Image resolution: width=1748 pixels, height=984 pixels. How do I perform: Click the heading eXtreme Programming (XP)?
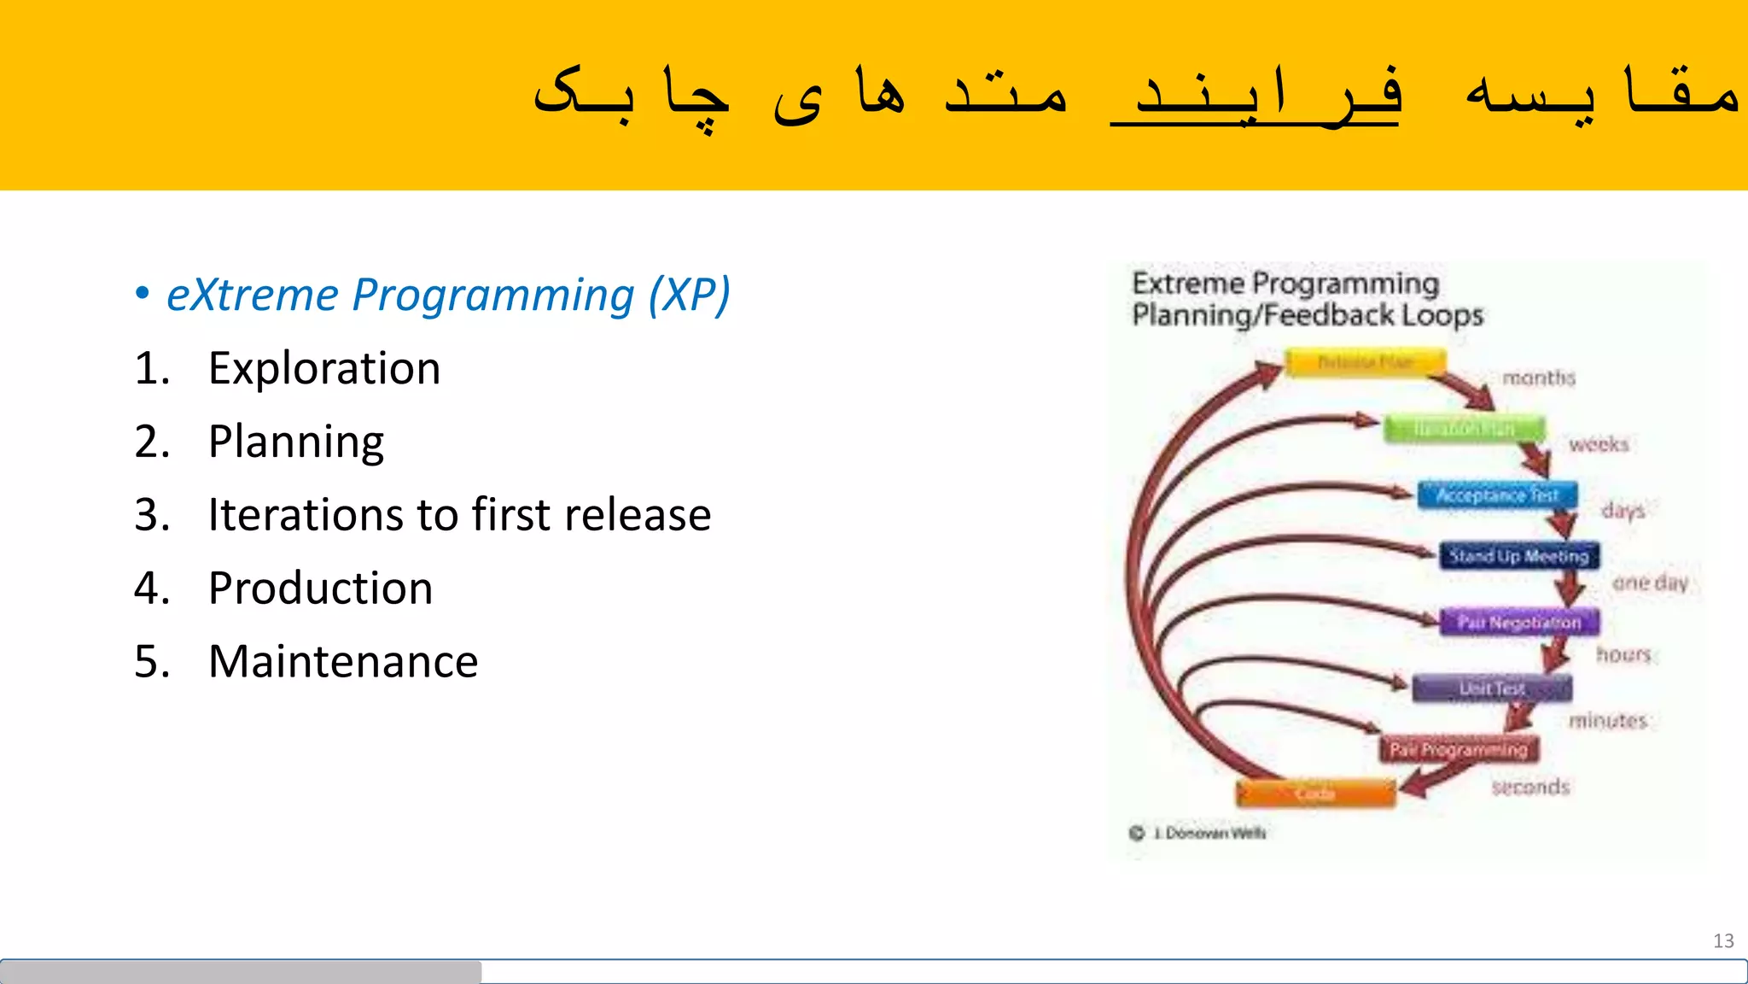[x=448, y=296]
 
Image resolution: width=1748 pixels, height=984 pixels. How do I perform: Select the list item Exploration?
[x=323, y=369]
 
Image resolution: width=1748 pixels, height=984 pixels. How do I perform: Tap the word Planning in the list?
[x=295, y=442]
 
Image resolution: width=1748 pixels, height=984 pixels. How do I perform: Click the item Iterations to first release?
[x=458, y=515]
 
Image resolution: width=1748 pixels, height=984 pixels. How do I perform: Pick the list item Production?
[x=320, y=589]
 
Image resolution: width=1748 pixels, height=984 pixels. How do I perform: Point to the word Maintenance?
[x=342, y=662]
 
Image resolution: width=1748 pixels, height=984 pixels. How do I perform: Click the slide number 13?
[x=1722, y=940]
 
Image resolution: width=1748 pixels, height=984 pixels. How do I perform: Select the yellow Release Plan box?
[x=1366, y=362]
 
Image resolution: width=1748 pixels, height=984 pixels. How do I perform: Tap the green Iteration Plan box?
[x=1464, y=428]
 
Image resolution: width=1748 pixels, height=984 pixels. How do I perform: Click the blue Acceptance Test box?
[x=1497, y=495]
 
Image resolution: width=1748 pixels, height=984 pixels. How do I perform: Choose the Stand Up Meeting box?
[x=1518, y=556]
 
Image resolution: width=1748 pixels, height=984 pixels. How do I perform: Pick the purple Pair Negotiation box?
[x=1518, y=622]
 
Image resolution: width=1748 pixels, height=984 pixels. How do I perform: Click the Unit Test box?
[x=1491, y=688]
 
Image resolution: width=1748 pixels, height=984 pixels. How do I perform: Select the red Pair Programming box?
[x=1458, y=749]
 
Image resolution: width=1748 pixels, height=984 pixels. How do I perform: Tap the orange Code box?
[x=1314, y=794]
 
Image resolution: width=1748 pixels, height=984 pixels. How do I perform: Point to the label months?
[x=1538, y=378]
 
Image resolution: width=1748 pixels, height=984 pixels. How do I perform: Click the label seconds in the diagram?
[x=1529, y=787]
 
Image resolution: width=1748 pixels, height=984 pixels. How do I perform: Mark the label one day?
[x=1649, y=583]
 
